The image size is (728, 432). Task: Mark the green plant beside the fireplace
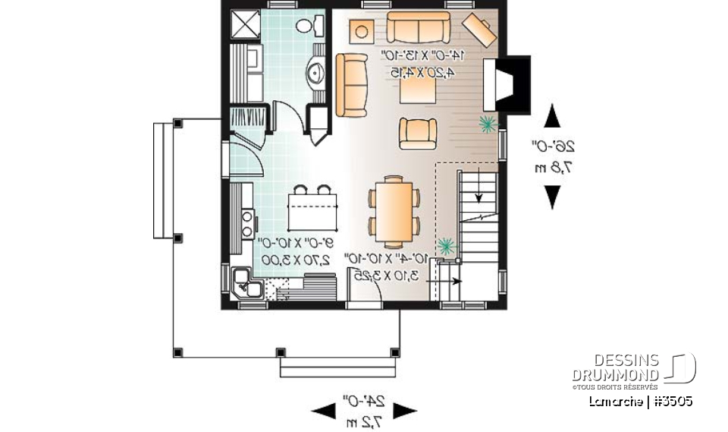tap(487, 122)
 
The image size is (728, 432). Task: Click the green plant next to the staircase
tap(446, 244)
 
